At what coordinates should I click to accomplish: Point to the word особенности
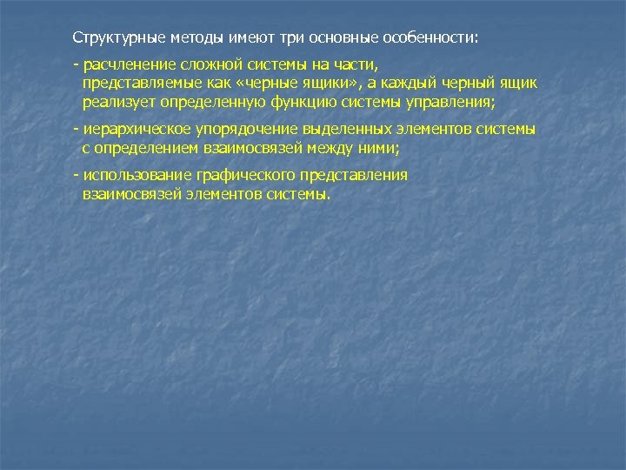click(430, 39)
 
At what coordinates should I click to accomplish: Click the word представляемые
click(137, 84)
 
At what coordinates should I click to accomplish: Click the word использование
click(134, 175)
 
